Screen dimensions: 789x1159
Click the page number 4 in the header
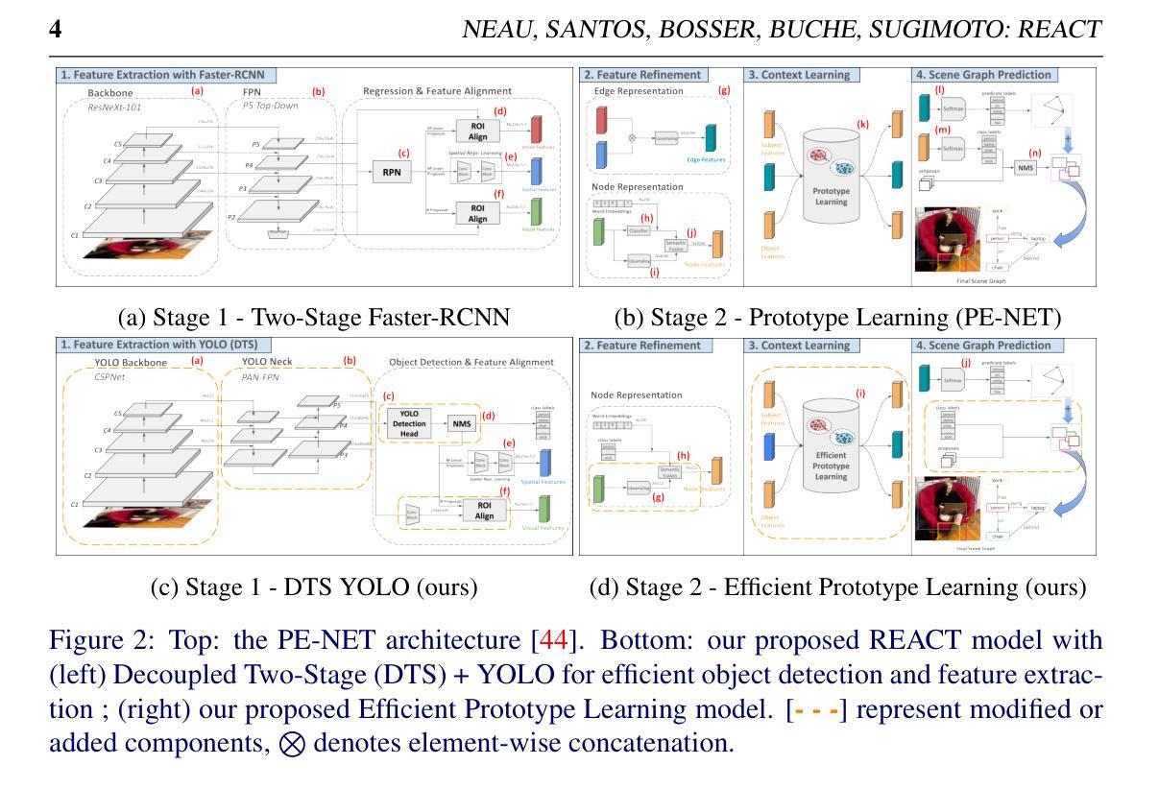coord(56,29)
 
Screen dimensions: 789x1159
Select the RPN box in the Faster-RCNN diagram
coord(391,173)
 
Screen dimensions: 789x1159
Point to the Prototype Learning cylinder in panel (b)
coord(826,176)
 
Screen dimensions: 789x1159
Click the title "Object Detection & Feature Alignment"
coord(471,362)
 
